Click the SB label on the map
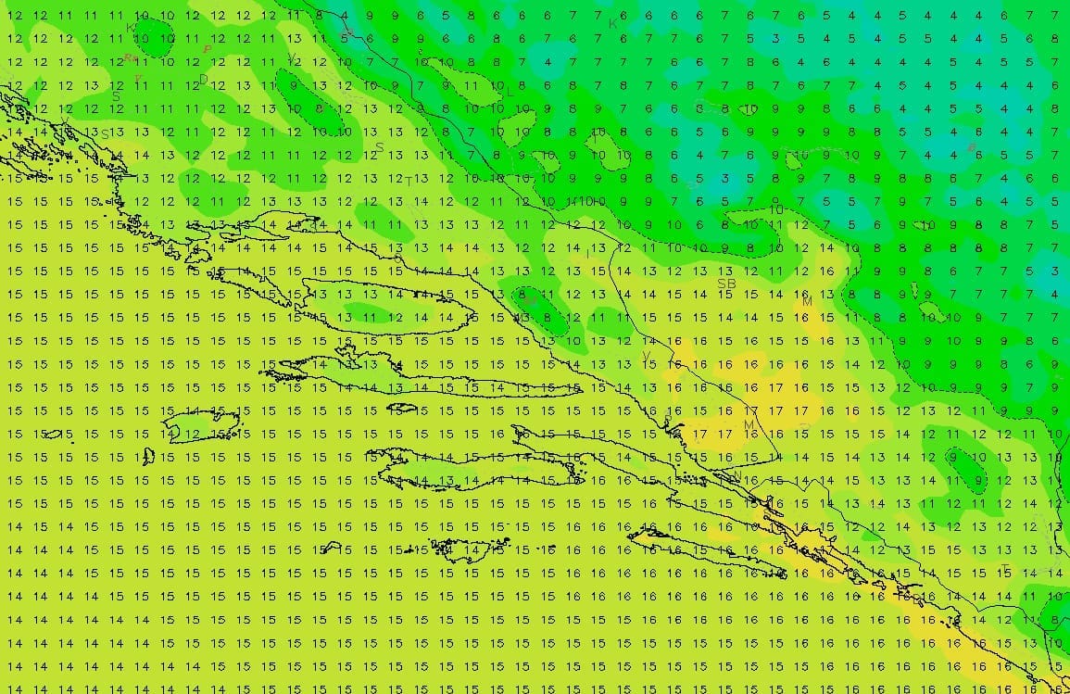726,284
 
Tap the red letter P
208,49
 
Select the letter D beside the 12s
203,80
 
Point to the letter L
510,91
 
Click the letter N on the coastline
737,475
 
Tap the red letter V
138,78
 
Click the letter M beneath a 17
749,425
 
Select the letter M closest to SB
807,302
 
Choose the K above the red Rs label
131,29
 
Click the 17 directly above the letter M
751,410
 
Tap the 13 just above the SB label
726,271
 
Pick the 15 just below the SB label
726,295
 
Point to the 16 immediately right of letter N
751,480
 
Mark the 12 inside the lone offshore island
191,434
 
